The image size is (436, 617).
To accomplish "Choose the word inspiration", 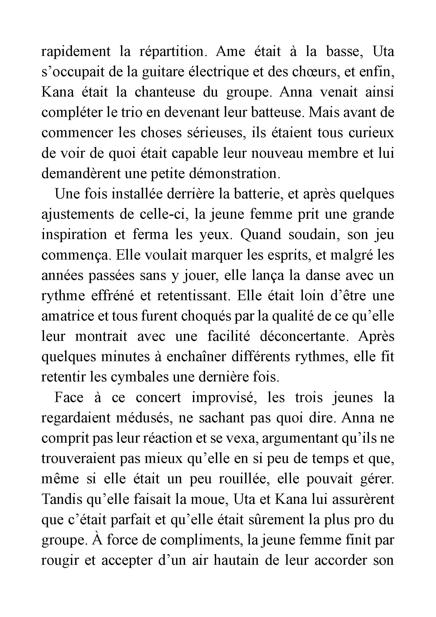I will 74,235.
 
